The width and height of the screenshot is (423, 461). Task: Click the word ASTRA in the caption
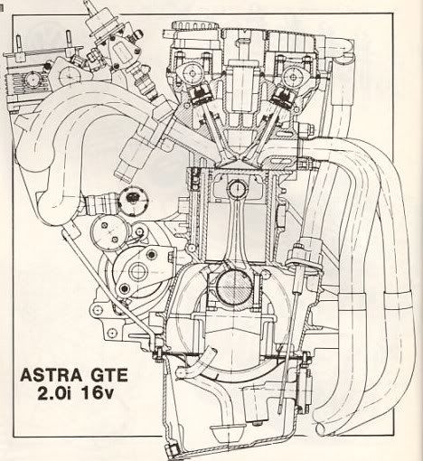point(51,375)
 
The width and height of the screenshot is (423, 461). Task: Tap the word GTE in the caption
point(108,375)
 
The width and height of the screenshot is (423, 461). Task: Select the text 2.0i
point(54,393)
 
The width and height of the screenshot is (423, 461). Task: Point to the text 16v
point(97,393)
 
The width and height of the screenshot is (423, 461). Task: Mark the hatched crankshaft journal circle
point(235,286)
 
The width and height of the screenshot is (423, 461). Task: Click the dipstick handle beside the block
point(305,253)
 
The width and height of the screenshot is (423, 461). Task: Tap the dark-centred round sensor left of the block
point(132,199)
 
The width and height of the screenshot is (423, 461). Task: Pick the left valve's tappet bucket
point(200,93)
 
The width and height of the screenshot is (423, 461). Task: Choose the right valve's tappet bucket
point(283,96)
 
